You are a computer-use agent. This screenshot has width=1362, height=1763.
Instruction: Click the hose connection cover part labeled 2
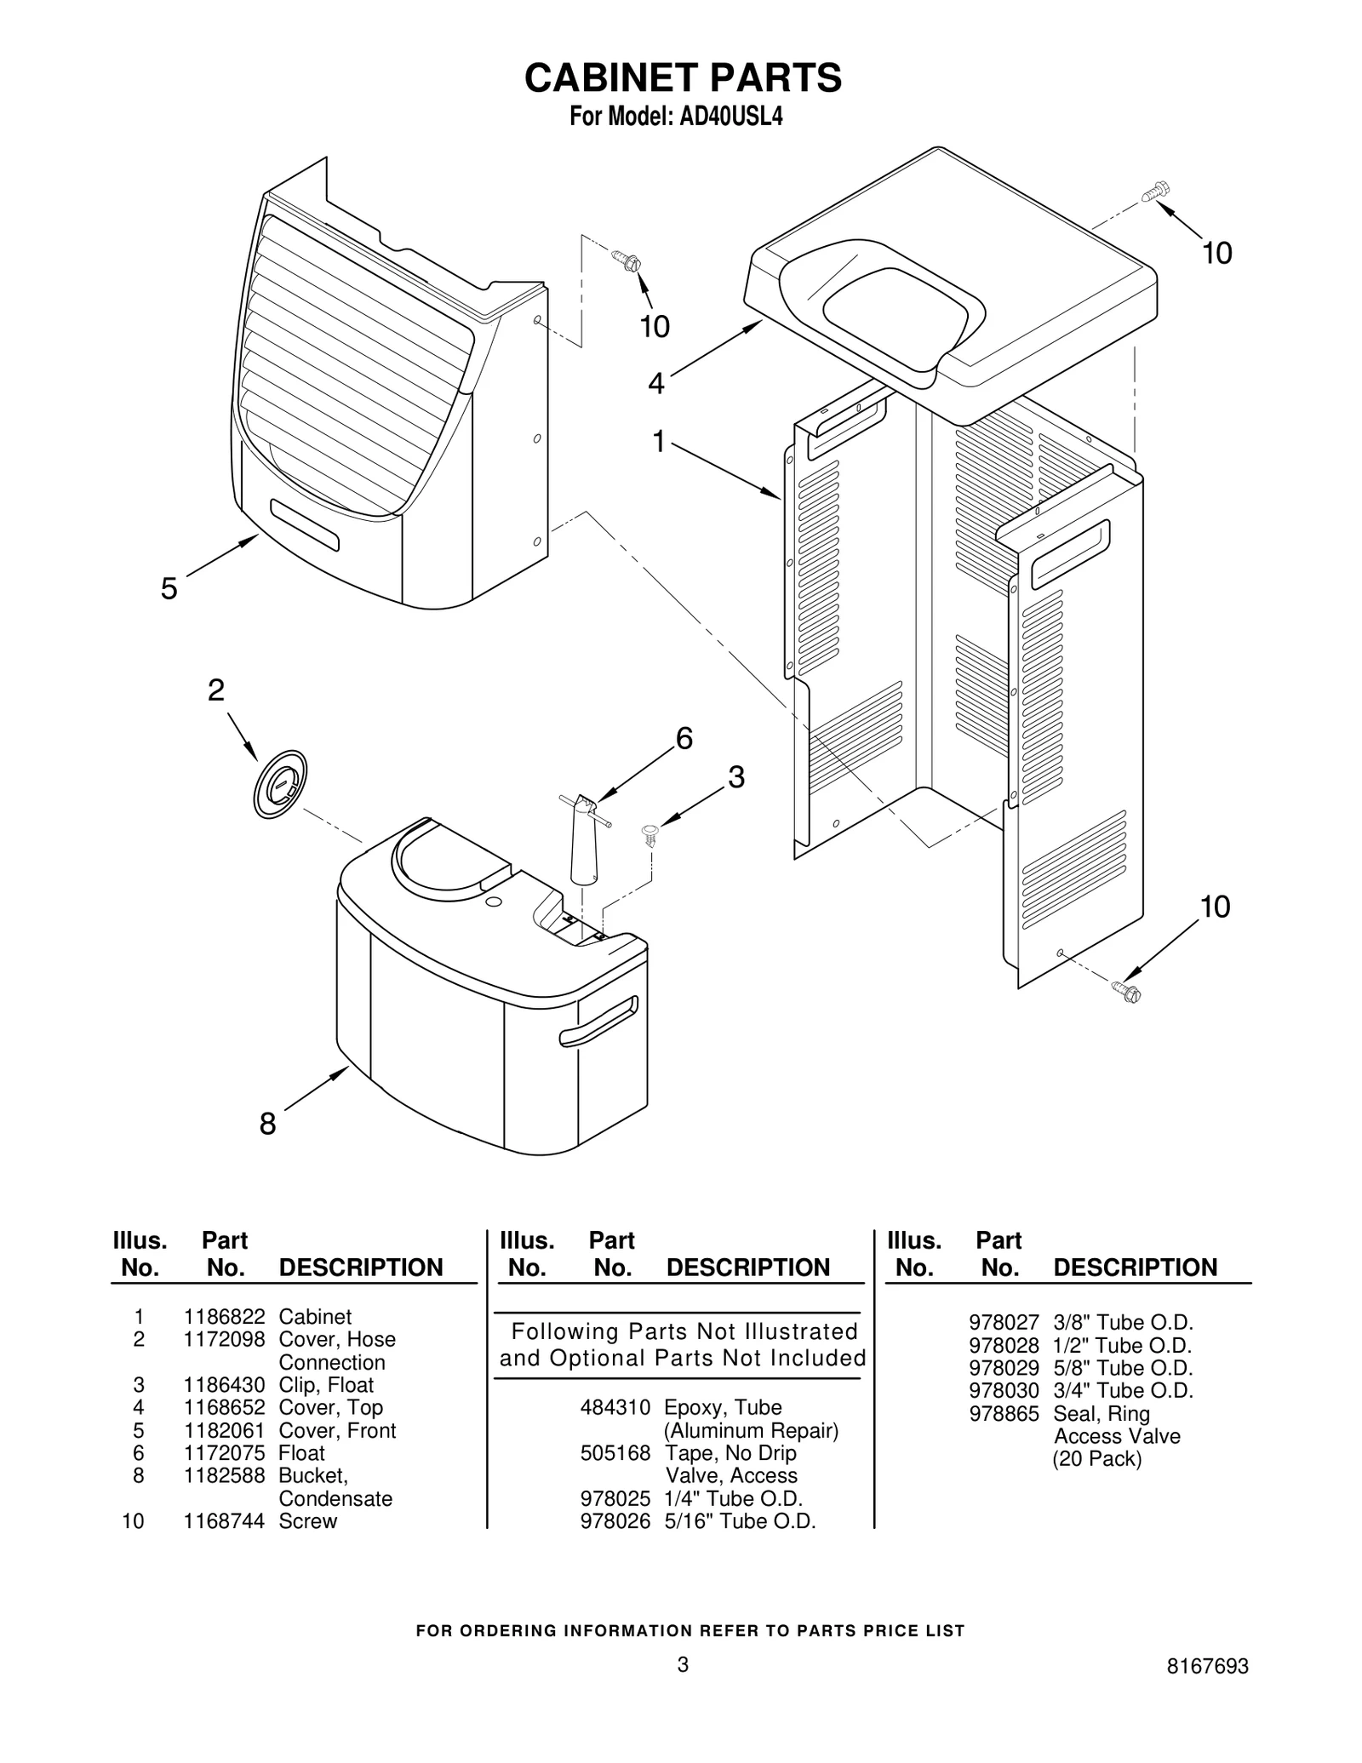coord(279,784)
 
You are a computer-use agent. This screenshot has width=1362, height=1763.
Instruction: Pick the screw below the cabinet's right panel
coord(1126,991)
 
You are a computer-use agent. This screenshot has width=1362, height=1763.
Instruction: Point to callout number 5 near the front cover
coord(169,588)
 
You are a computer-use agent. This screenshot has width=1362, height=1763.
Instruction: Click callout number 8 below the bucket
coord(267,1124)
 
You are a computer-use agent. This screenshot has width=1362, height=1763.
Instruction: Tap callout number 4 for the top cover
coord(655,383)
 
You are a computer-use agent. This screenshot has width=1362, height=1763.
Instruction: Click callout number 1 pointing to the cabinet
coord(658,442)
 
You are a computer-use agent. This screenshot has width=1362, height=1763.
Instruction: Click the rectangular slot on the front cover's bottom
coord(305,525)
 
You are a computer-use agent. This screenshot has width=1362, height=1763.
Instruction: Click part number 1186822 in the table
coord(224,1317)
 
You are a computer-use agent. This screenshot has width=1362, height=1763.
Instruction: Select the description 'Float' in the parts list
coord(302,1453)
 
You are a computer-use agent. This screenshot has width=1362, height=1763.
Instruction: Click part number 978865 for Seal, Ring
coord(1004,1413)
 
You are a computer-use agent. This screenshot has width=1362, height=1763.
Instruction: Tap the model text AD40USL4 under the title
coord(730,117)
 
